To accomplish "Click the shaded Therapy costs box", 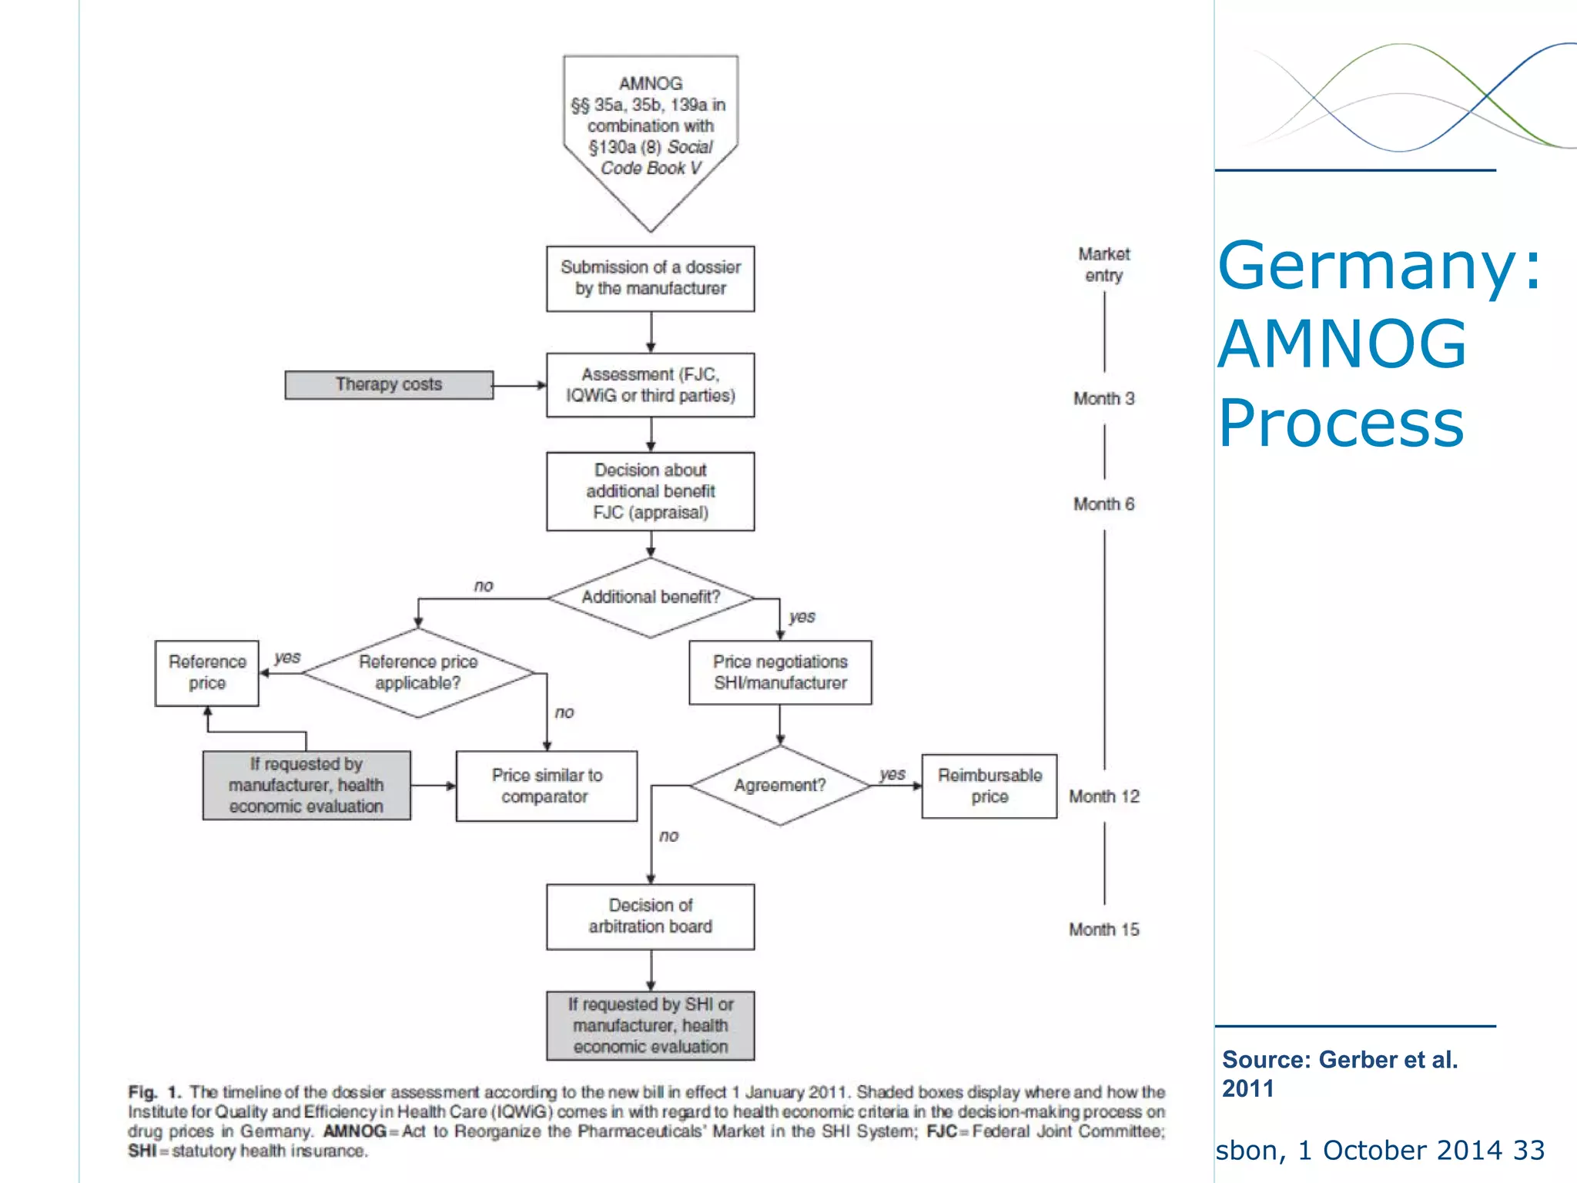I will tap(389, 384).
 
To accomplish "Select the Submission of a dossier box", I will tap(651, 278).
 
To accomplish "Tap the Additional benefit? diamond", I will tap(651, 597).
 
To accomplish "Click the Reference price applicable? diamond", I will tap(418, 672).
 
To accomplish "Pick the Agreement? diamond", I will tap(780, 785).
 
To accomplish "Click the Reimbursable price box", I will tap(989, 786).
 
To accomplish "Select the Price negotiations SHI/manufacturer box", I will tap(780, 672).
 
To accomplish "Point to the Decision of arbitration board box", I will tap(651, 916).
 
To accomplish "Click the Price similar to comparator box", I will tap(547, 786).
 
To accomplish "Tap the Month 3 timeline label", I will tap(1103, 398).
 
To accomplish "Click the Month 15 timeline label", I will tap(1103, 930).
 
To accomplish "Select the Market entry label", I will tap(1103, 264).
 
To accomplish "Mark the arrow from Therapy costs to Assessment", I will tap(520, 385).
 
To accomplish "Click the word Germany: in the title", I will tap(1379, 266).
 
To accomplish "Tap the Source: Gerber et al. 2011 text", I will tap(1340, 1074).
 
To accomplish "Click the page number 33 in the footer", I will tap(1529, 1150).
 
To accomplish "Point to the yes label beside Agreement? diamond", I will tap(892, 774).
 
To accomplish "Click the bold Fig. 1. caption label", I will tap(154, 1092).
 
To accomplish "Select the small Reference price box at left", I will tap(207, 672).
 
